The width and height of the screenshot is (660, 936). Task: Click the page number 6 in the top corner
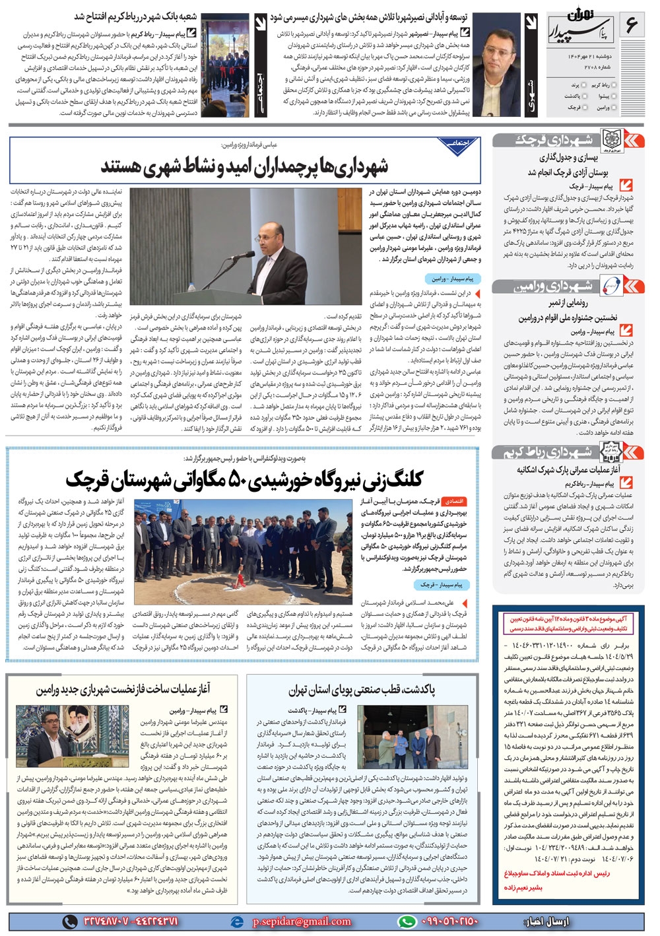pyautogui.click(x=632, y=25)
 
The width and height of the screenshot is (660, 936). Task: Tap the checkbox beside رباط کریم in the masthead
pyautogui.click(x=614, y=85)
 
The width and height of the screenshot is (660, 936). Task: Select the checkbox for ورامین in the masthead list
pyautogui.click(x=614, y=107)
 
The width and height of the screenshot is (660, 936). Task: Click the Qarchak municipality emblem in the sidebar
pyautogui.click(x=610, y=140)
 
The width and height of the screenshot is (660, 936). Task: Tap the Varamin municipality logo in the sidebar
pyautogui.click(x=610, y=285)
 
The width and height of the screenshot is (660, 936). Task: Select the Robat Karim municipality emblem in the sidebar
pyautogui.click(x=610, y=451)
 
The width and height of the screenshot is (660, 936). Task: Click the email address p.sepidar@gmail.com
pyautogui.click(x=301, y=921)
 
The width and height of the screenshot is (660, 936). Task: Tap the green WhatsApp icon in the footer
pyautogui.click(x=407, y=921)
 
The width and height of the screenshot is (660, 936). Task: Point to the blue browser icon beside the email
pyautogui.click(x=237, y=921)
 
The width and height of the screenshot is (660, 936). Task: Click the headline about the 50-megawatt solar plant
pyautogui.click(x=244, y=479)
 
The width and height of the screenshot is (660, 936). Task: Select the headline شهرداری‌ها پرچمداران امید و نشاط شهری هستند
pyautogui.click(x=244, y=166)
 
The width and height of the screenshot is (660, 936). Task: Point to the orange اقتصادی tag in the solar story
pyautogui.click(x=455, y=502)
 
